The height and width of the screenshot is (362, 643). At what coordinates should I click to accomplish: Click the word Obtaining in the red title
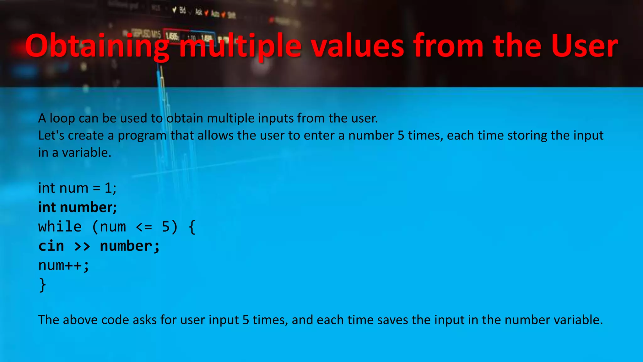[97, 47]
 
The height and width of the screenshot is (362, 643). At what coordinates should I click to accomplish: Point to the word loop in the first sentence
[62, 118]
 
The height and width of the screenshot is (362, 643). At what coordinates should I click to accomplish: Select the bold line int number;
[77, 207]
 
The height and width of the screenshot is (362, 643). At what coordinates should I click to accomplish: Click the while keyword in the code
[60, 227]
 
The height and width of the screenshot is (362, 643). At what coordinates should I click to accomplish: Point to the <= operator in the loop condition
[144, 227]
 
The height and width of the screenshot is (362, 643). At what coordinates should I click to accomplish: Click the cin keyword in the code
[51, 246]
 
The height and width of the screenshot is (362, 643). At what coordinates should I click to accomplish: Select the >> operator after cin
[82, 246]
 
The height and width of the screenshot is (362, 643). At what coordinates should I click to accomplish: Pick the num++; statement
[64, 266]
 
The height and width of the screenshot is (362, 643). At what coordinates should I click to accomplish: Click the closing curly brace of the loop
[42, 285]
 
